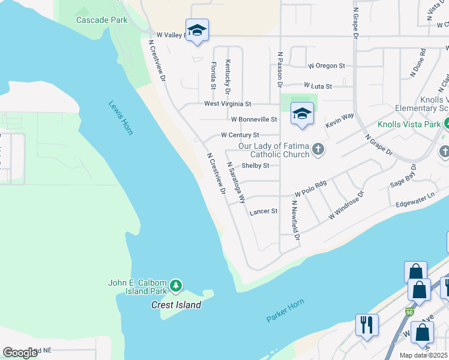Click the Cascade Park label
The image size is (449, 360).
click(x=102, y=20)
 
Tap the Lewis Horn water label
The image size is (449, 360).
click(x=121, y=117)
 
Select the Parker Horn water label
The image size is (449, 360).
click(x=285, y=310)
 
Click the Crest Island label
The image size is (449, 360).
click(x=175, y=305)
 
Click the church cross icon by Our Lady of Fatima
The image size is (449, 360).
click(x=318, y=149)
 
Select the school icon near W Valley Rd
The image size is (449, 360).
click(x=196, y=31)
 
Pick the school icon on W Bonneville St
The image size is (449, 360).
click(x=302, y=113)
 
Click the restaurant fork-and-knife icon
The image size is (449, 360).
click(x=366, y=325)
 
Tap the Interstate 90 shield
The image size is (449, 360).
click(x=409, y=312)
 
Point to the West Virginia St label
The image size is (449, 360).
click(x=228, y=104)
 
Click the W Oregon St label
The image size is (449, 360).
click(x=326, y=65)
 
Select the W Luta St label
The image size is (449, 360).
click(x=318, y=86)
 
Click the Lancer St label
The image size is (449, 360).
click(x=264, y=211)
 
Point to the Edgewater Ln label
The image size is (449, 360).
click(x=414, y=200)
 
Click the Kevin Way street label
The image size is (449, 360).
click(x=340, y=120)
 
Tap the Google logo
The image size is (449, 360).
click(x=20, y=352)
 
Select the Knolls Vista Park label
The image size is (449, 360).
click(x=409, y=125)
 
